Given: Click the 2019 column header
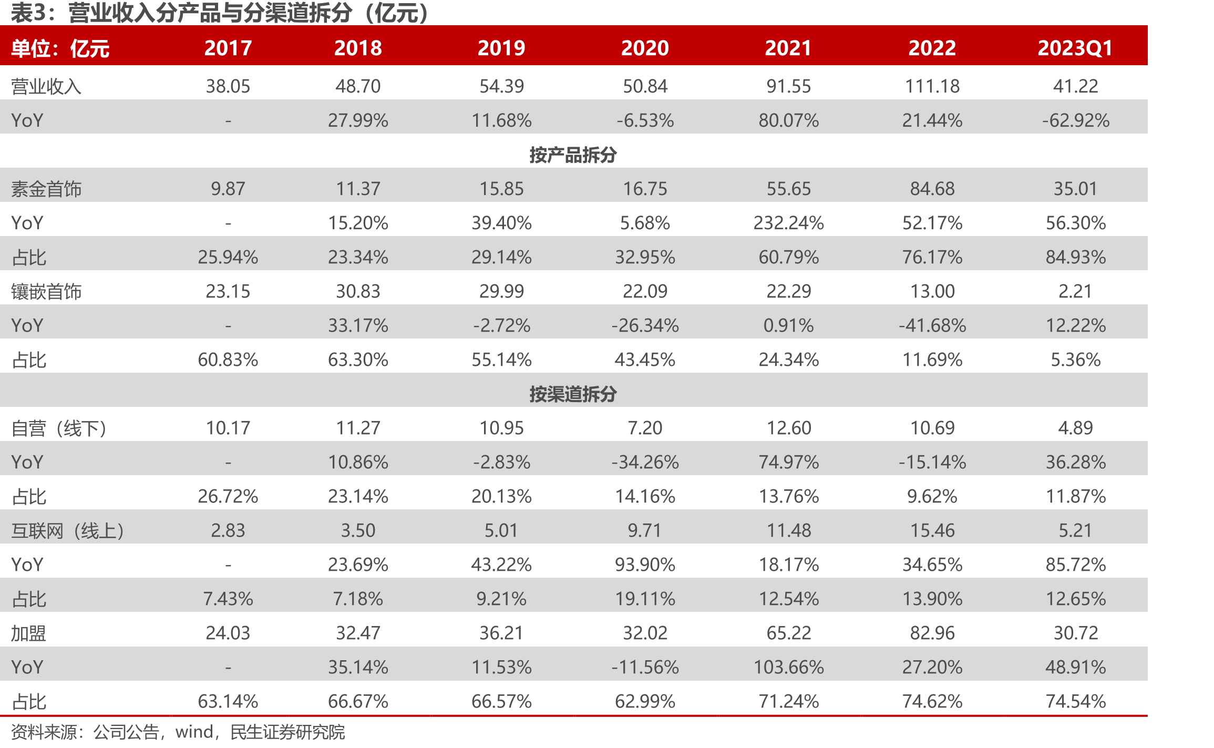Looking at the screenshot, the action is click(x=501, y=48).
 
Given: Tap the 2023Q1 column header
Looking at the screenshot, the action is click(x=1075, y=48).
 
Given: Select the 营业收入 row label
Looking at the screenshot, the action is click(x=46, y=86).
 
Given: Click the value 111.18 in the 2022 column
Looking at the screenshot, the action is click(x=932, y=86).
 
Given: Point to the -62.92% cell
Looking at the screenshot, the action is click(x=1076, y=120).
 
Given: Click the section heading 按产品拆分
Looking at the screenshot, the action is click(x=573, y=155).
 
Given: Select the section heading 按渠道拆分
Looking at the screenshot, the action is click(x=573, y=394).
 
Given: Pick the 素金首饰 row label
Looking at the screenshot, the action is click(x=46, y=189).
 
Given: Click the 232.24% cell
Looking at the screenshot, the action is click(x=788, y=223).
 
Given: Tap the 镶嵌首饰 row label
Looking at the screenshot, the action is click(x=46, y=291).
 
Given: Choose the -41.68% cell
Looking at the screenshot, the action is click(x=932, y=325).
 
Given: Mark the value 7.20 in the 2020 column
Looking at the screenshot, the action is click(x=645, y=428).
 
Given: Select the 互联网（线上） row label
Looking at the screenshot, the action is click(x=68, y=531).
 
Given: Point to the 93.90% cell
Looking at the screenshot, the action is click(x=645, y=565).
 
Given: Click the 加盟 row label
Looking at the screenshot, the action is click(x=29, y=633).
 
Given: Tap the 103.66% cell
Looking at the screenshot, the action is click(x=788, y=667).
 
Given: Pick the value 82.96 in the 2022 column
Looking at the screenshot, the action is click(x=932, y=633).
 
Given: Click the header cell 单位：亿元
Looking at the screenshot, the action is click(x=60, y=48).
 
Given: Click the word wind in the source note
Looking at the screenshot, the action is click(x=194, y=732).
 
